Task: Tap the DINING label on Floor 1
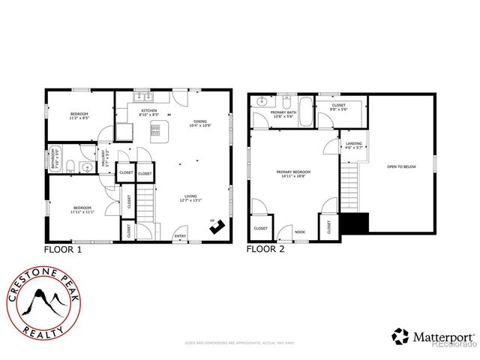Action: tap(199, 122)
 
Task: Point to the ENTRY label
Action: tap(180, 236)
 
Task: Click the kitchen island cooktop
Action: tap(157, 133)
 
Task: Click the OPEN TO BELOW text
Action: tap(400, 166)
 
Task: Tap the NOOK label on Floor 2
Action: tap(300, 232)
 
